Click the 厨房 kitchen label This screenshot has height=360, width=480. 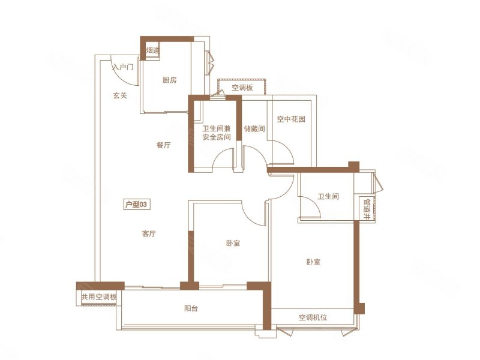tap(169, 80)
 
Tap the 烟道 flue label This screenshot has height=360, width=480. tap(152, 50)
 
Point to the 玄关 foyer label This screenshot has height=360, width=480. tap(119, 95)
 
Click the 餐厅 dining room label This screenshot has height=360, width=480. tap(163, 145)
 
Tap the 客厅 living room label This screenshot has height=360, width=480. tap(149, 234)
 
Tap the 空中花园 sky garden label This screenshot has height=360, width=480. tap(291, 119)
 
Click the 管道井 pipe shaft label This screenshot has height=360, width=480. tap(367, 207)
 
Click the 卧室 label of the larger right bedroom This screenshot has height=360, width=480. tap(313, 262)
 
